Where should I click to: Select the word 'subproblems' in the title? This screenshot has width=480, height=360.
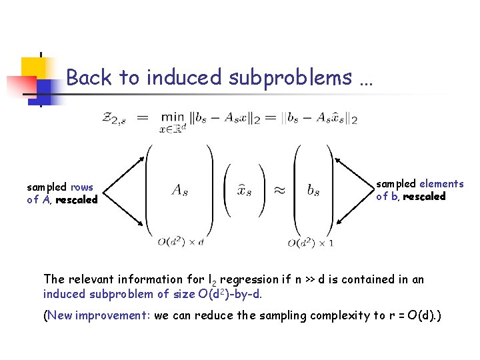pyautogui.click(x=291, y=78)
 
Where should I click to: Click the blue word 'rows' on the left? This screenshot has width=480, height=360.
pyautogui.click(x=82, y=187)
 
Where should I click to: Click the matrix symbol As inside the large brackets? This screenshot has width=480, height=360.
pyautogui.click(x=179, y=190)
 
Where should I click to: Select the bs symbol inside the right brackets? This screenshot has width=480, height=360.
pyautogui.click(x=313, y=190)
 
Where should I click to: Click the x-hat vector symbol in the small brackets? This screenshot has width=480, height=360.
pyautogui.click(x=245, y=190)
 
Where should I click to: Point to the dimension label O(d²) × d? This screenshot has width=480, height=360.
pyautogui.click(x=181, y=243)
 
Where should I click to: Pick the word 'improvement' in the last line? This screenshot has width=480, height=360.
pyautogui.click(x=112, y=316)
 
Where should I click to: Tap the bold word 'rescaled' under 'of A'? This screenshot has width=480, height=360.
pyautogui.click(x=77, y=199)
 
